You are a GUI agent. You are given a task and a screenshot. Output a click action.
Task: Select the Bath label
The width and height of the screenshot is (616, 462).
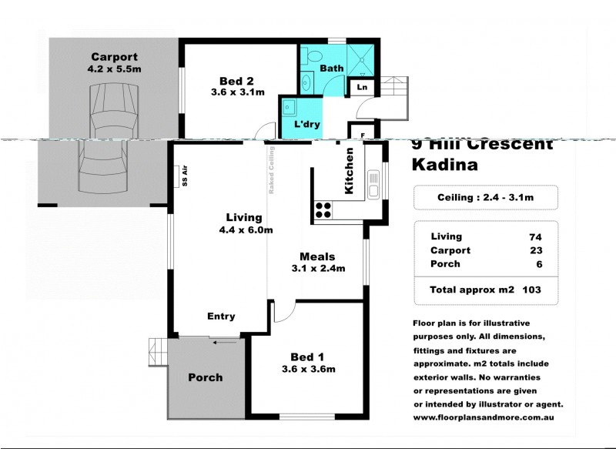[332, 69]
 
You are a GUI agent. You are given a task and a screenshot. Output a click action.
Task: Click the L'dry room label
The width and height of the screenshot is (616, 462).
[308, 124]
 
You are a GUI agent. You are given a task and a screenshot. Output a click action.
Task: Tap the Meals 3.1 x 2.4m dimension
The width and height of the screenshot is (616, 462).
[316, 268]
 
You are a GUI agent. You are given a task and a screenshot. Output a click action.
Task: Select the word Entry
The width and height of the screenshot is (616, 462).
[221, 316]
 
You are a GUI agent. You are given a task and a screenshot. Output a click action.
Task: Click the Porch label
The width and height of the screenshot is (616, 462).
[205, 377]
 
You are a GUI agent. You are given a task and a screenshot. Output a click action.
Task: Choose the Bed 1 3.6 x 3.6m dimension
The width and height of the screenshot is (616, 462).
[307, 369]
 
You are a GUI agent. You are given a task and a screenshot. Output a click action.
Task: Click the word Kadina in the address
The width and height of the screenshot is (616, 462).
[445, 164]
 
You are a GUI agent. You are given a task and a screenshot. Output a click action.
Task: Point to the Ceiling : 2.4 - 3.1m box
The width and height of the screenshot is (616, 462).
[485, 197]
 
